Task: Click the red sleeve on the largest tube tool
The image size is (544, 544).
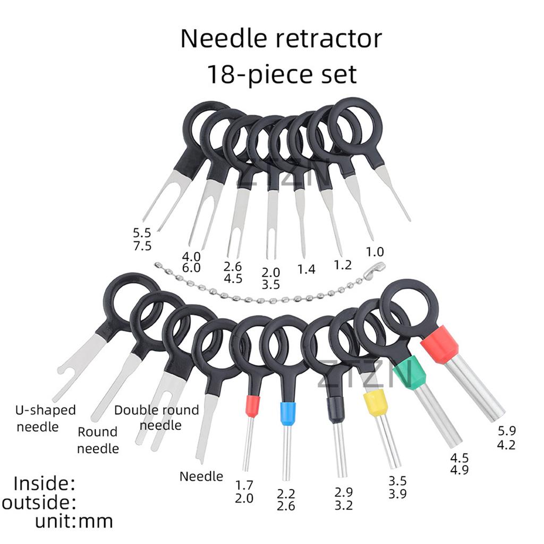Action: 439,345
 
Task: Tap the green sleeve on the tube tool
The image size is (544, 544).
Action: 410,373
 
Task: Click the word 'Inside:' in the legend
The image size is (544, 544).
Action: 44,483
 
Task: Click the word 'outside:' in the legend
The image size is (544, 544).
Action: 39,503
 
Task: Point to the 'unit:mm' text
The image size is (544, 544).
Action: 74,521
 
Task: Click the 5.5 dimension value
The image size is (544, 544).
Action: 142,232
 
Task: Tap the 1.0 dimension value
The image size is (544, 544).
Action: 374,251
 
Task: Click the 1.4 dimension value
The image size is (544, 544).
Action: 306,270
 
